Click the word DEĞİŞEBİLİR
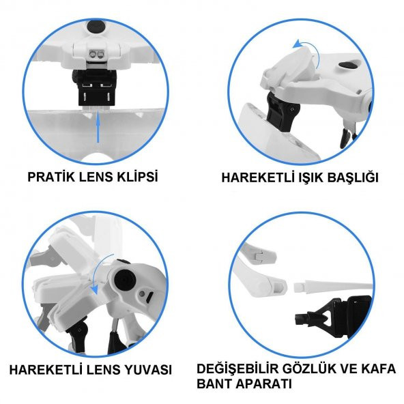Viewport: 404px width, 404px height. click(237, 369)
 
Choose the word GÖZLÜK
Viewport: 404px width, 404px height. click(308, 369)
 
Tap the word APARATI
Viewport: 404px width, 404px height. click(263, 384)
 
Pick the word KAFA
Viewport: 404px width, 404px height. click(378, 369)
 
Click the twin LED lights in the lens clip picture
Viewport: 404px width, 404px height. click(96, 54)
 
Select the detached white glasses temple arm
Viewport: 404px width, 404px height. click(333, 286)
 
